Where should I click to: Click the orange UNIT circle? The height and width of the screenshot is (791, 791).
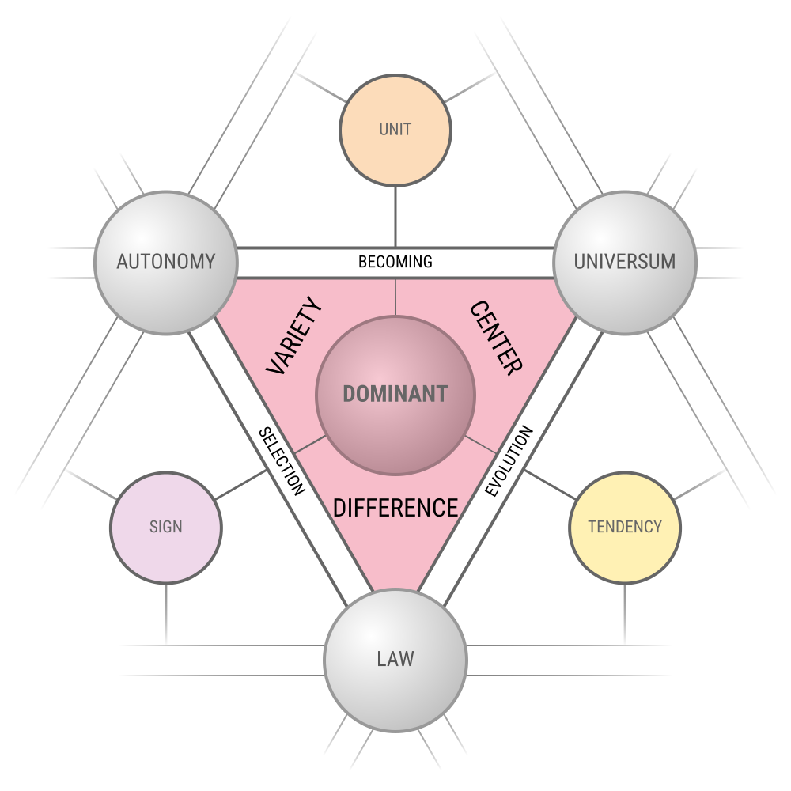pyautogui.click(x=395, y=131)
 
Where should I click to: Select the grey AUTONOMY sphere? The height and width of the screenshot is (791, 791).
pyautogui.click(x=166, y=263)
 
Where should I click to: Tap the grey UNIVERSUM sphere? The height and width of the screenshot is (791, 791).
pyautogui.click(x=625, y=263)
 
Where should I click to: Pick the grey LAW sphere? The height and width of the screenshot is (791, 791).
pyautogui.click(x=395, y=660)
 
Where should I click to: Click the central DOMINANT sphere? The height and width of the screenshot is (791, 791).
pyautogui.click(x=395, y=395)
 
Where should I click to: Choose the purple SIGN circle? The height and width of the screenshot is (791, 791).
pyautogui.click(x=166, y=528)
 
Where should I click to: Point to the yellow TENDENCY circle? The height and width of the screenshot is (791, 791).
pyautogui.click(x=625, y=528)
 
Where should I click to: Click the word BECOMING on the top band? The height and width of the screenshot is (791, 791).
pyautogui.click(x=395, y=262)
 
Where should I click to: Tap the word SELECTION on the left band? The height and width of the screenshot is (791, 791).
pyautogui.click(x=282, y=461)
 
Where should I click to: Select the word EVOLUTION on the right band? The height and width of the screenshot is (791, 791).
pyautogui.click(x=509, y=460)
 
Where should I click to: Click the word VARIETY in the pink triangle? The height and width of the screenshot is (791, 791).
pyautogui.click(x=293, y=335)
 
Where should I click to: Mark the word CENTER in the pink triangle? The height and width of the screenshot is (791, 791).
pyautogui.click(x=496, y=338)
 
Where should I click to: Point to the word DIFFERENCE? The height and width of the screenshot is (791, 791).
pyautogui.click(x=395, y=508)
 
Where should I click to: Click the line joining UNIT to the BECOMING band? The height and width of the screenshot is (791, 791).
pyautogui.click(x=395, y=217)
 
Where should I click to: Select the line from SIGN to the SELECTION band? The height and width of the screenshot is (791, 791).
pyautogui.click(x=241, y=485)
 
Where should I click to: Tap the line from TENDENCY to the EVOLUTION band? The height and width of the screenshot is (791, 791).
pyautogui.click(x=550, y=485)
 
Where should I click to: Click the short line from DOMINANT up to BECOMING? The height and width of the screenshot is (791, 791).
pyautogui.click(x=395, y=297)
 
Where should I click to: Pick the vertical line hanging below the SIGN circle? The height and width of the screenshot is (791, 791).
pyautogui.click(x=166, y=614)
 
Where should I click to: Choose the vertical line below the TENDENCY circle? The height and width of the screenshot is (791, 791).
pyautogui.click(x=625, y=614)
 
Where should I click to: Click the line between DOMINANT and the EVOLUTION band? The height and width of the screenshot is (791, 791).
pyautogui.click(x=480, y=445)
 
